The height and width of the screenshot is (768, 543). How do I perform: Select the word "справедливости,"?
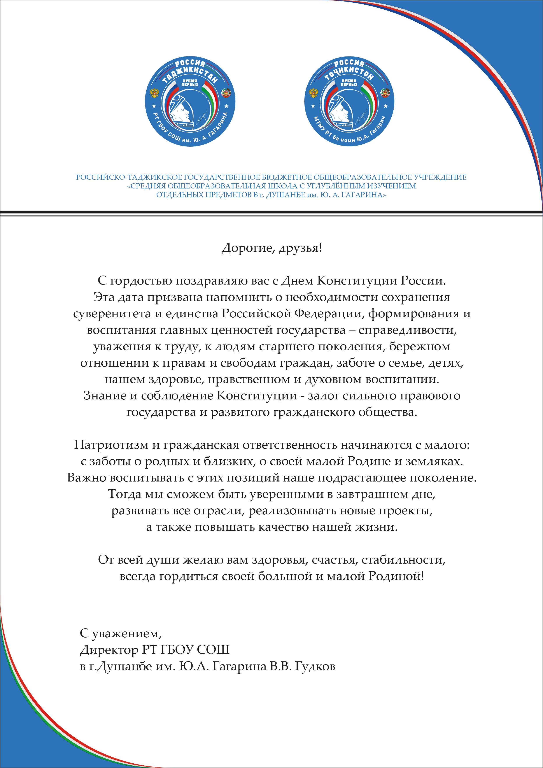(408, 330)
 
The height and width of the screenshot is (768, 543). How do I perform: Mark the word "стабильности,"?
(403, 560)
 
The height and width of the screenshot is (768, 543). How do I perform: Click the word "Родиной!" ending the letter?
(396, 576)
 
